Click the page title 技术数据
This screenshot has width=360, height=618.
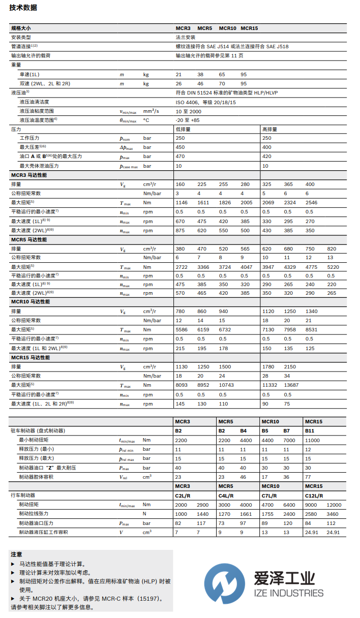[x=23, y=8]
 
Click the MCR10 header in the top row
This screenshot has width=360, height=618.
[x=227, y=28]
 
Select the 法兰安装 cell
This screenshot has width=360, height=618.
[x=186, y=37]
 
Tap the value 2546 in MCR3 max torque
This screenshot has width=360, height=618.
[x=311, y=202]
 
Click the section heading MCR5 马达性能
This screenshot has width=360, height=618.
[x=29, y=239]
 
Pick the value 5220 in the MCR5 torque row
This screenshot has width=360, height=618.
[x=333, y=267]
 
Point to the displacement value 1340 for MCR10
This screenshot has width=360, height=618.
[x=311, y=311]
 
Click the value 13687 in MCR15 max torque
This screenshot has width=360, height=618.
[x=292, y=385]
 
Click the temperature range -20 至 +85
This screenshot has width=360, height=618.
[x=188, y=120]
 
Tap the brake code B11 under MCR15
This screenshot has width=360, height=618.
[x=310, y=430]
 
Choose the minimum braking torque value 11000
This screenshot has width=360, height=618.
[x=312, y=440]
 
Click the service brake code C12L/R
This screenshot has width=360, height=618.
[x=312, y=495]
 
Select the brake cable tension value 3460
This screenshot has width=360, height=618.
[x=333, y=514]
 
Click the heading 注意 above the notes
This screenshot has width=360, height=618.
[x=17, y=554]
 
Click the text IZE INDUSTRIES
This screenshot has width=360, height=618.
[x=288, y=593]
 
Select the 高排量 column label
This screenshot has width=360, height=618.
[x=269, y=129]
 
